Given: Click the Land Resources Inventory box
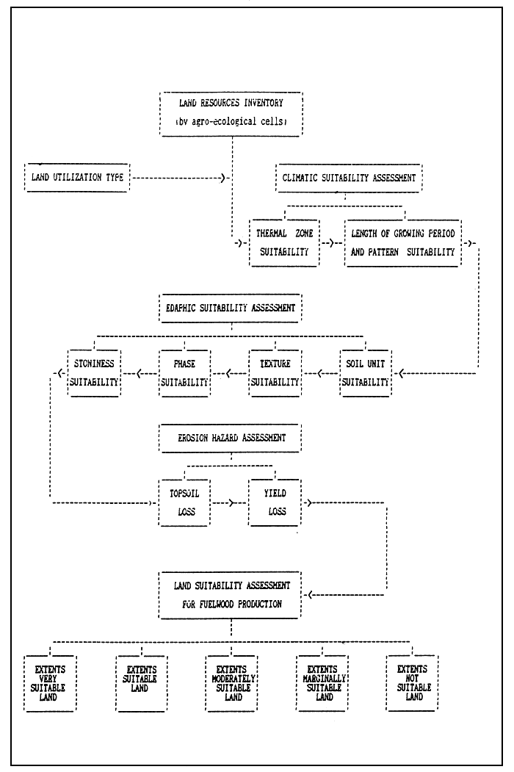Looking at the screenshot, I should pyautogui.click(x=230, y=114).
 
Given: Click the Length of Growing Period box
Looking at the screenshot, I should pyautogui.click(x=403, y=242).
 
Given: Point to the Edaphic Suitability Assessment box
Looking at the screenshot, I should pyautogui.click(x=231, y=307).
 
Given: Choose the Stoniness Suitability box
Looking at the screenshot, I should pyautogui.click(x=93, y=372).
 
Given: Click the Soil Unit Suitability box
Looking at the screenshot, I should pyautogui.click(x=366, y=372).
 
